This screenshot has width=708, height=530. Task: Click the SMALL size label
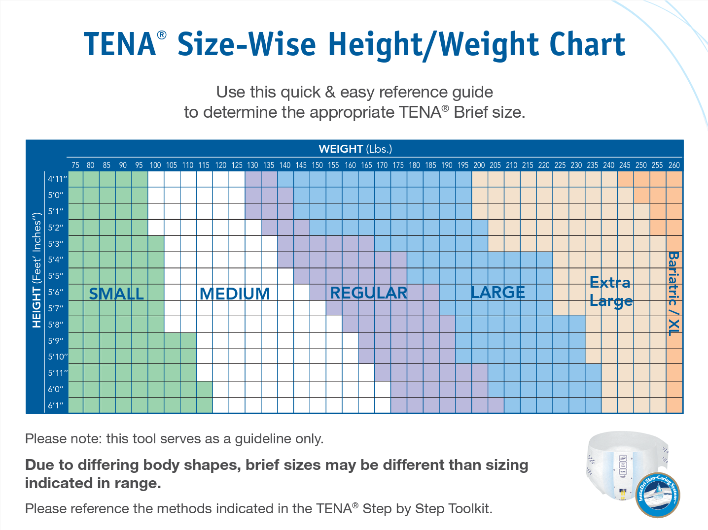[116, 294]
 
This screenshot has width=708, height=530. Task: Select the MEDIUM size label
[235, 294]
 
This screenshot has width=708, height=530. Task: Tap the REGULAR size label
[369, 293]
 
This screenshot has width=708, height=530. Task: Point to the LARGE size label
[498, 292]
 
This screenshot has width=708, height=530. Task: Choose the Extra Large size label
[611, 292]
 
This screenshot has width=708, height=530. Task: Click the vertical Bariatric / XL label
[673, 294]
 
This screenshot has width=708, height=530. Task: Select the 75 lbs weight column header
[75, 165]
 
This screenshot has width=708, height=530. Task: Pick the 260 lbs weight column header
[674, 165]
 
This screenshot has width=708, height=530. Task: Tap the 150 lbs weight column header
[318, 165]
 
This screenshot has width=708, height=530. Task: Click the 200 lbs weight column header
[479, 165]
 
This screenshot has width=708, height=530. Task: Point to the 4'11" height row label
[57, 179]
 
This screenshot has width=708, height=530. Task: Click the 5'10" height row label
[58, 357]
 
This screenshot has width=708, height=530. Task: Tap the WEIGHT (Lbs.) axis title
[355, 149]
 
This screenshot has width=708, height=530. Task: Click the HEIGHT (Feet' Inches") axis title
[36, 270]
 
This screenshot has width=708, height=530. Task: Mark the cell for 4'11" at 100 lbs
[156, 179]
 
